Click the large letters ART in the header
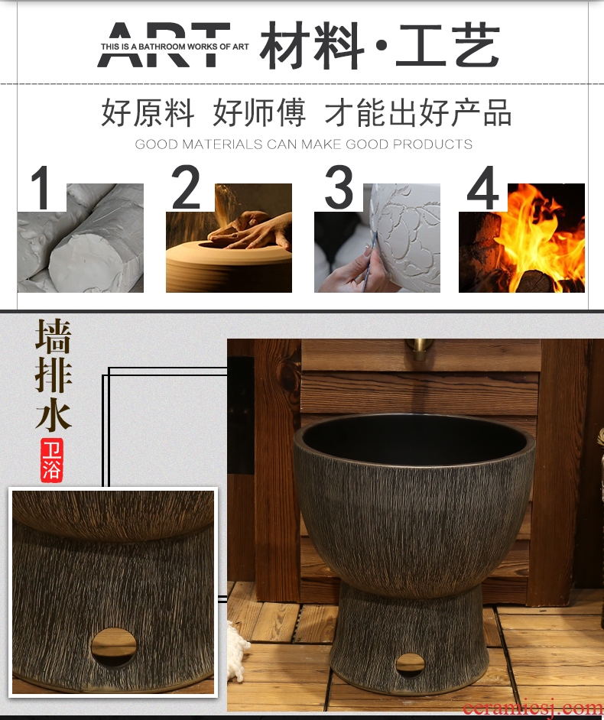[164, 44]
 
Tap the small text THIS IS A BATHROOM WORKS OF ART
[174, 47]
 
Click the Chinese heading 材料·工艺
[380, 46]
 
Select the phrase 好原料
[147, 112]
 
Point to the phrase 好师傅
[259, 112]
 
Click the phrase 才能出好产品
[418, 112]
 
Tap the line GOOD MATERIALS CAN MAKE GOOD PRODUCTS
[304, 144]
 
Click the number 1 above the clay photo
[41, 187]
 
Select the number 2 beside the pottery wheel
[186, 187]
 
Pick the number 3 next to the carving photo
[339, 187]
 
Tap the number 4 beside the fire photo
[482, 187]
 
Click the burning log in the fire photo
[534, 281]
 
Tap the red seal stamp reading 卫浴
[51, 460]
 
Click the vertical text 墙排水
[54, 375]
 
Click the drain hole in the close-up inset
[113, 647]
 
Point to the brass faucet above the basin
[419, 349]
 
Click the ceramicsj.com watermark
[533, 708]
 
